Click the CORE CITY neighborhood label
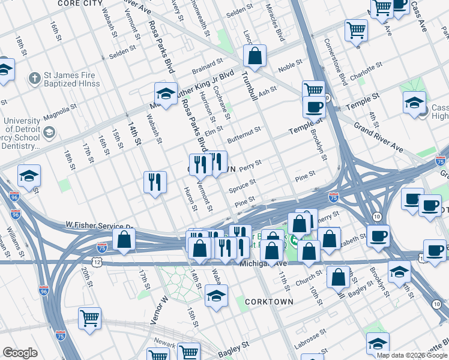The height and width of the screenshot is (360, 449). (80, 4)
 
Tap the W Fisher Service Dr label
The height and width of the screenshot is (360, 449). (97, 226)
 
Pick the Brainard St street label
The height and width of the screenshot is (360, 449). (208, 62)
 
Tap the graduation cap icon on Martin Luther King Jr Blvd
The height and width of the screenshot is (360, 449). (166, 93)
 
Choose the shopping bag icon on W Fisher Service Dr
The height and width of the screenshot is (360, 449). (124, 239)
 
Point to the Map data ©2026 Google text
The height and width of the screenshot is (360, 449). (411, 355)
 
